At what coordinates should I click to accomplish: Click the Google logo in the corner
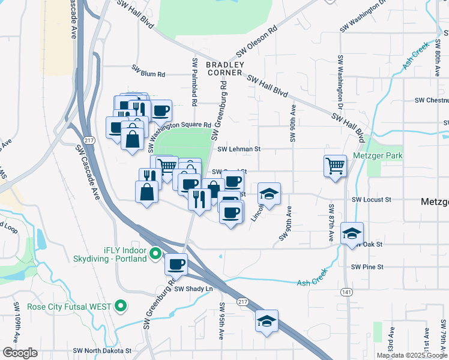point(20,353)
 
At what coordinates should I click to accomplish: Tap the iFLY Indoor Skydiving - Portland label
point(109,254)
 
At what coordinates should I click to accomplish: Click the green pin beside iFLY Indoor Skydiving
point(155,254)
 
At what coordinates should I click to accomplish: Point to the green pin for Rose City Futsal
point(121,307)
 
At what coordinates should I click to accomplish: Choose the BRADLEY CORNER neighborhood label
point(226,68)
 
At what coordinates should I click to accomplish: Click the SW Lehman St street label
point(239,149)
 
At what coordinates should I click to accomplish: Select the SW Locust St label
point(371,199)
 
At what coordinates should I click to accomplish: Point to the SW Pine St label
point(367,266)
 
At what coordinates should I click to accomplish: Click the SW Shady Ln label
point(194,289)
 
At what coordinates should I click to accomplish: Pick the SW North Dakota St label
point(101,350)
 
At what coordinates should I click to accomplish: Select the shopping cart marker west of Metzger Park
point(335,165)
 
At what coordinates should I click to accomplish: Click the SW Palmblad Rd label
point(195,78)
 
